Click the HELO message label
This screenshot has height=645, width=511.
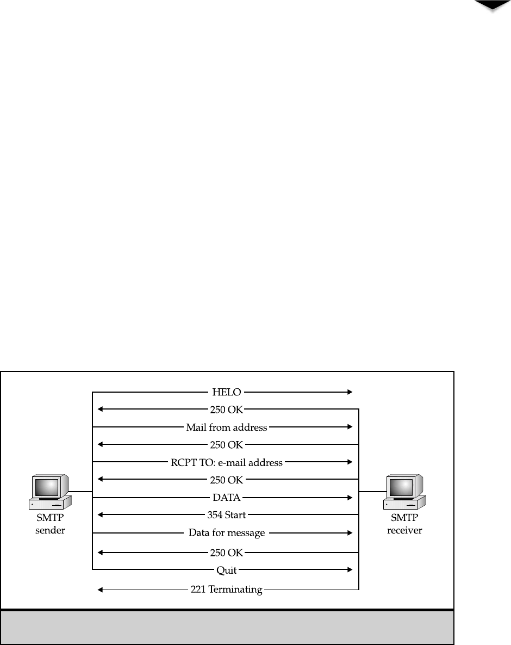click(x=226, y=392)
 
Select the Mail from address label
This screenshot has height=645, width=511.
click(x=227, y=427)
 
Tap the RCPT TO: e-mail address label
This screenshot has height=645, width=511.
click(x=227, y=463)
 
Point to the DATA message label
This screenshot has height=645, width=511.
click(x=226, y=497)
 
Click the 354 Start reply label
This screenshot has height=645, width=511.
click(x=226, y=514)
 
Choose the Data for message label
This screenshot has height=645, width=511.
click(x=227, y=533)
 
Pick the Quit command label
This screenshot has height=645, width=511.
click(x=226, y=570)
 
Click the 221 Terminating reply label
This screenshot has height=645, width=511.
click(x=226, y=589)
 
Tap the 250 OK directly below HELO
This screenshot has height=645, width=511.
click(x=227, y=409)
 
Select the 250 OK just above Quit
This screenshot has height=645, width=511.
click(x=227, y=553)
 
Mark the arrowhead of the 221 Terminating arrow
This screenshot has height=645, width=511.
click(x=101, y=589)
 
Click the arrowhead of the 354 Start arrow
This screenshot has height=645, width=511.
click(x=101, y=514)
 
